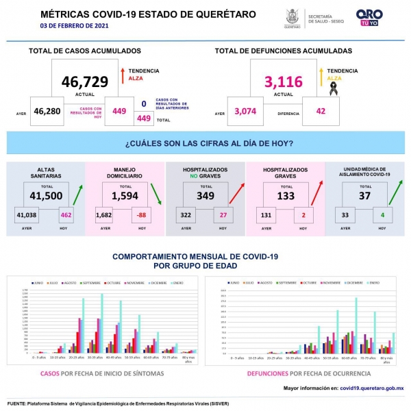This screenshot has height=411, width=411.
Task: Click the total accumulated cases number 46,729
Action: (x=85, y=82)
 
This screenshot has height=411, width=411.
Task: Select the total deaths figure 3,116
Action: (x=283, y=82)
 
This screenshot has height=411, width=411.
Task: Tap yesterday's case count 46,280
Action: (x=48, y=111)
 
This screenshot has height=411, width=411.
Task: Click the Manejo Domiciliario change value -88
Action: (x=142, y=216)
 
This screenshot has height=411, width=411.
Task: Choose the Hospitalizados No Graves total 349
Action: (x=205, y=195)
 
